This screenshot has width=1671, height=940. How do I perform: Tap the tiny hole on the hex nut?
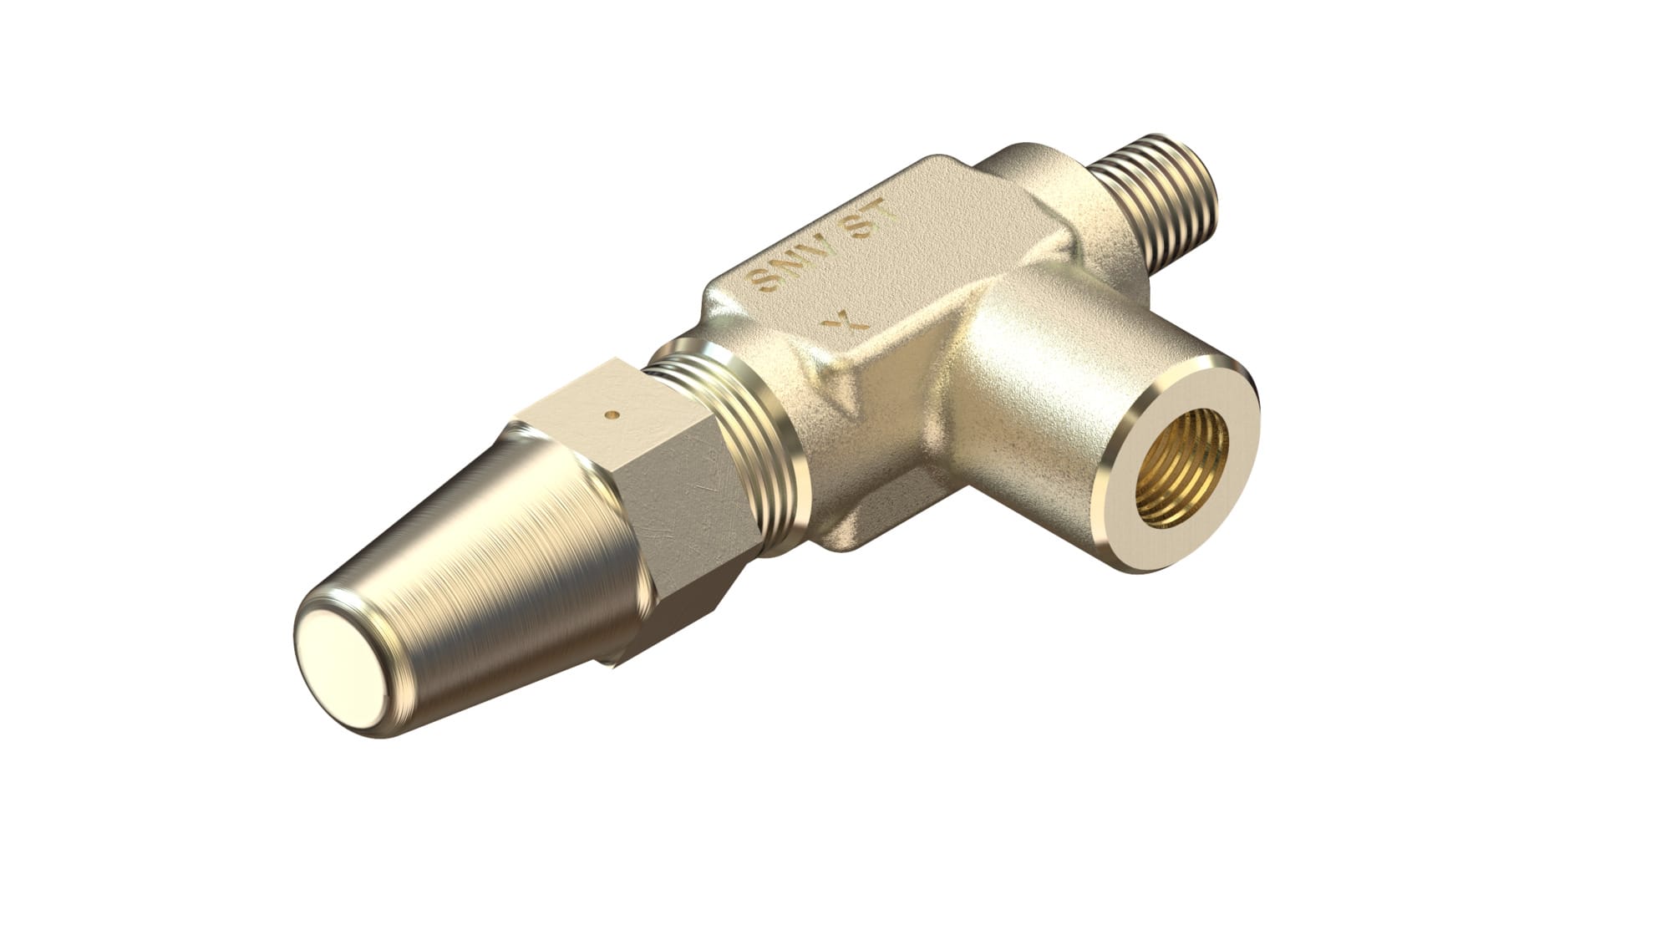pos(612,413)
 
